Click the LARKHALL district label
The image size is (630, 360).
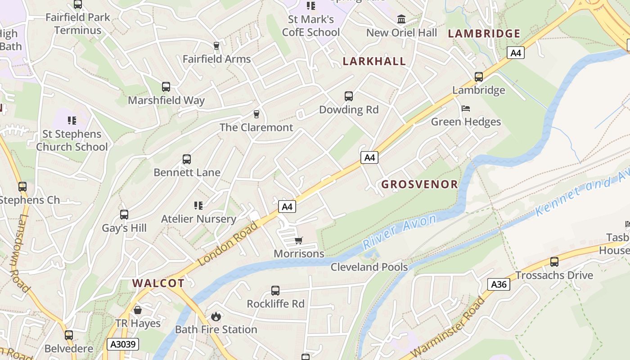374,62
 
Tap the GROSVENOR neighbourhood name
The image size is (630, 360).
419,184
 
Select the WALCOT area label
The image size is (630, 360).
158,283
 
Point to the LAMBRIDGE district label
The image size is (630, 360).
484,34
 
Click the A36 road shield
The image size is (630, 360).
499,284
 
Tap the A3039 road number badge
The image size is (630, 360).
123,345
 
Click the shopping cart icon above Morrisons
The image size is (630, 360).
298,241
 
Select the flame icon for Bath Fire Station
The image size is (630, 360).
216,316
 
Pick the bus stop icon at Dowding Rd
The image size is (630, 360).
349,96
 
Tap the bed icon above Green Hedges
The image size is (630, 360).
466,108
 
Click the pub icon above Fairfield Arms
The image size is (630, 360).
216,46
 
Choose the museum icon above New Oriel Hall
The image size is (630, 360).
401,19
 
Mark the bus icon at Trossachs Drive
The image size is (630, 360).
554,261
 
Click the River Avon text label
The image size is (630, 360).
399,232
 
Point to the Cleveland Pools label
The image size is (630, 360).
369,267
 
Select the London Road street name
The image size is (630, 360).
228,243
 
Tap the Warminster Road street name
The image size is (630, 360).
448,326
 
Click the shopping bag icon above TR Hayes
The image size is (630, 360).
138,310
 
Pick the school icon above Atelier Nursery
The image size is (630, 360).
198,206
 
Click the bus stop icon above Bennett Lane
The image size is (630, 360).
187,159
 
